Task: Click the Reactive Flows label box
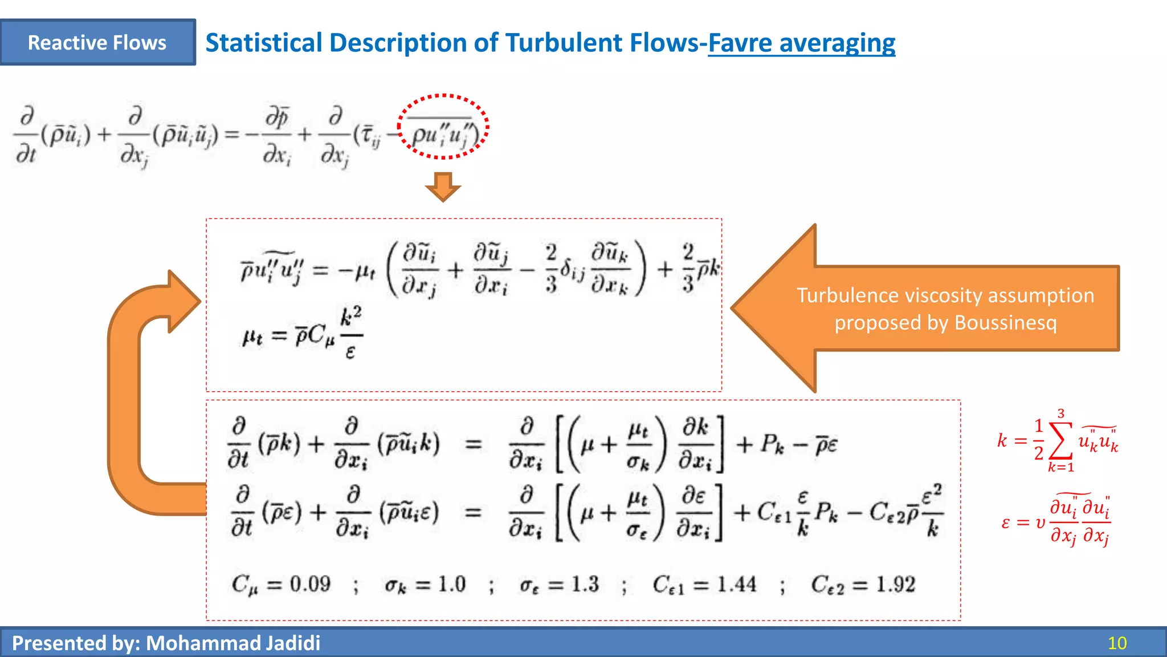[97, 43]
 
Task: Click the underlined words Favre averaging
[801, 43]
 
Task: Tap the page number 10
[1117, 643]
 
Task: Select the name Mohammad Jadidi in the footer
[233, 643]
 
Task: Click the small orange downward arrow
[443, 186]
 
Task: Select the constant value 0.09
[310, 584]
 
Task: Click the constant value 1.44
[737, 584]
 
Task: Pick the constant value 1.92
[895, 584]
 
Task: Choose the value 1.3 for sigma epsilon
[585, 584]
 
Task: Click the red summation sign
[1060, 440]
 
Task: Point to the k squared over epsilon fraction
[350, 333]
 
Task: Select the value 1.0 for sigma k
[452, 584]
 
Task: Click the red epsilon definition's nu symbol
[1040, 522]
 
